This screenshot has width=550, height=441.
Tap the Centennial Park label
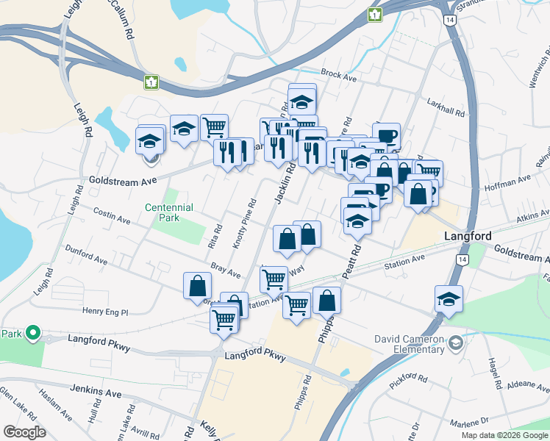[168, 212]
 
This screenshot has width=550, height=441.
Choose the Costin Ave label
[112, 215]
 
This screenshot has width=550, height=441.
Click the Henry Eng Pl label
[105, 312]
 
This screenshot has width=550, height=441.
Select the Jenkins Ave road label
[95, 393]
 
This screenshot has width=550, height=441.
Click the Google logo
[24, 432]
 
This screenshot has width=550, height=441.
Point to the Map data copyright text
[504, 435]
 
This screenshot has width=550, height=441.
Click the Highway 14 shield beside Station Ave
[462, 260]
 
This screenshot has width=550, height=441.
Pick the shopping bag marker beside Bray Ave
[197, 287]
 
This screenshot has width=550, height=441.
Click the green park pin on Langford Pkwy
[32, 334]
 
